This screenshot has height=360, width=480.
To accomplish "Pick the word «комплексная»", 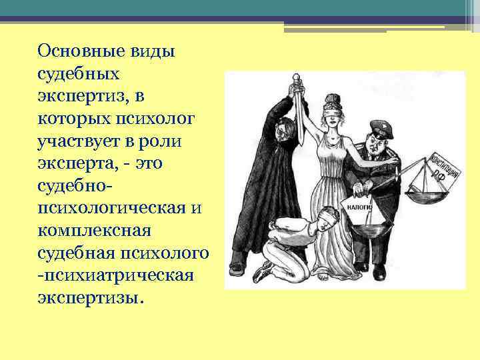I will [x=96, y=231].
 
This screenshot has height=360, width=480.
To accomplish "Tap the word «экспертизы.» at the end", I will [x=90, y=297].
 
